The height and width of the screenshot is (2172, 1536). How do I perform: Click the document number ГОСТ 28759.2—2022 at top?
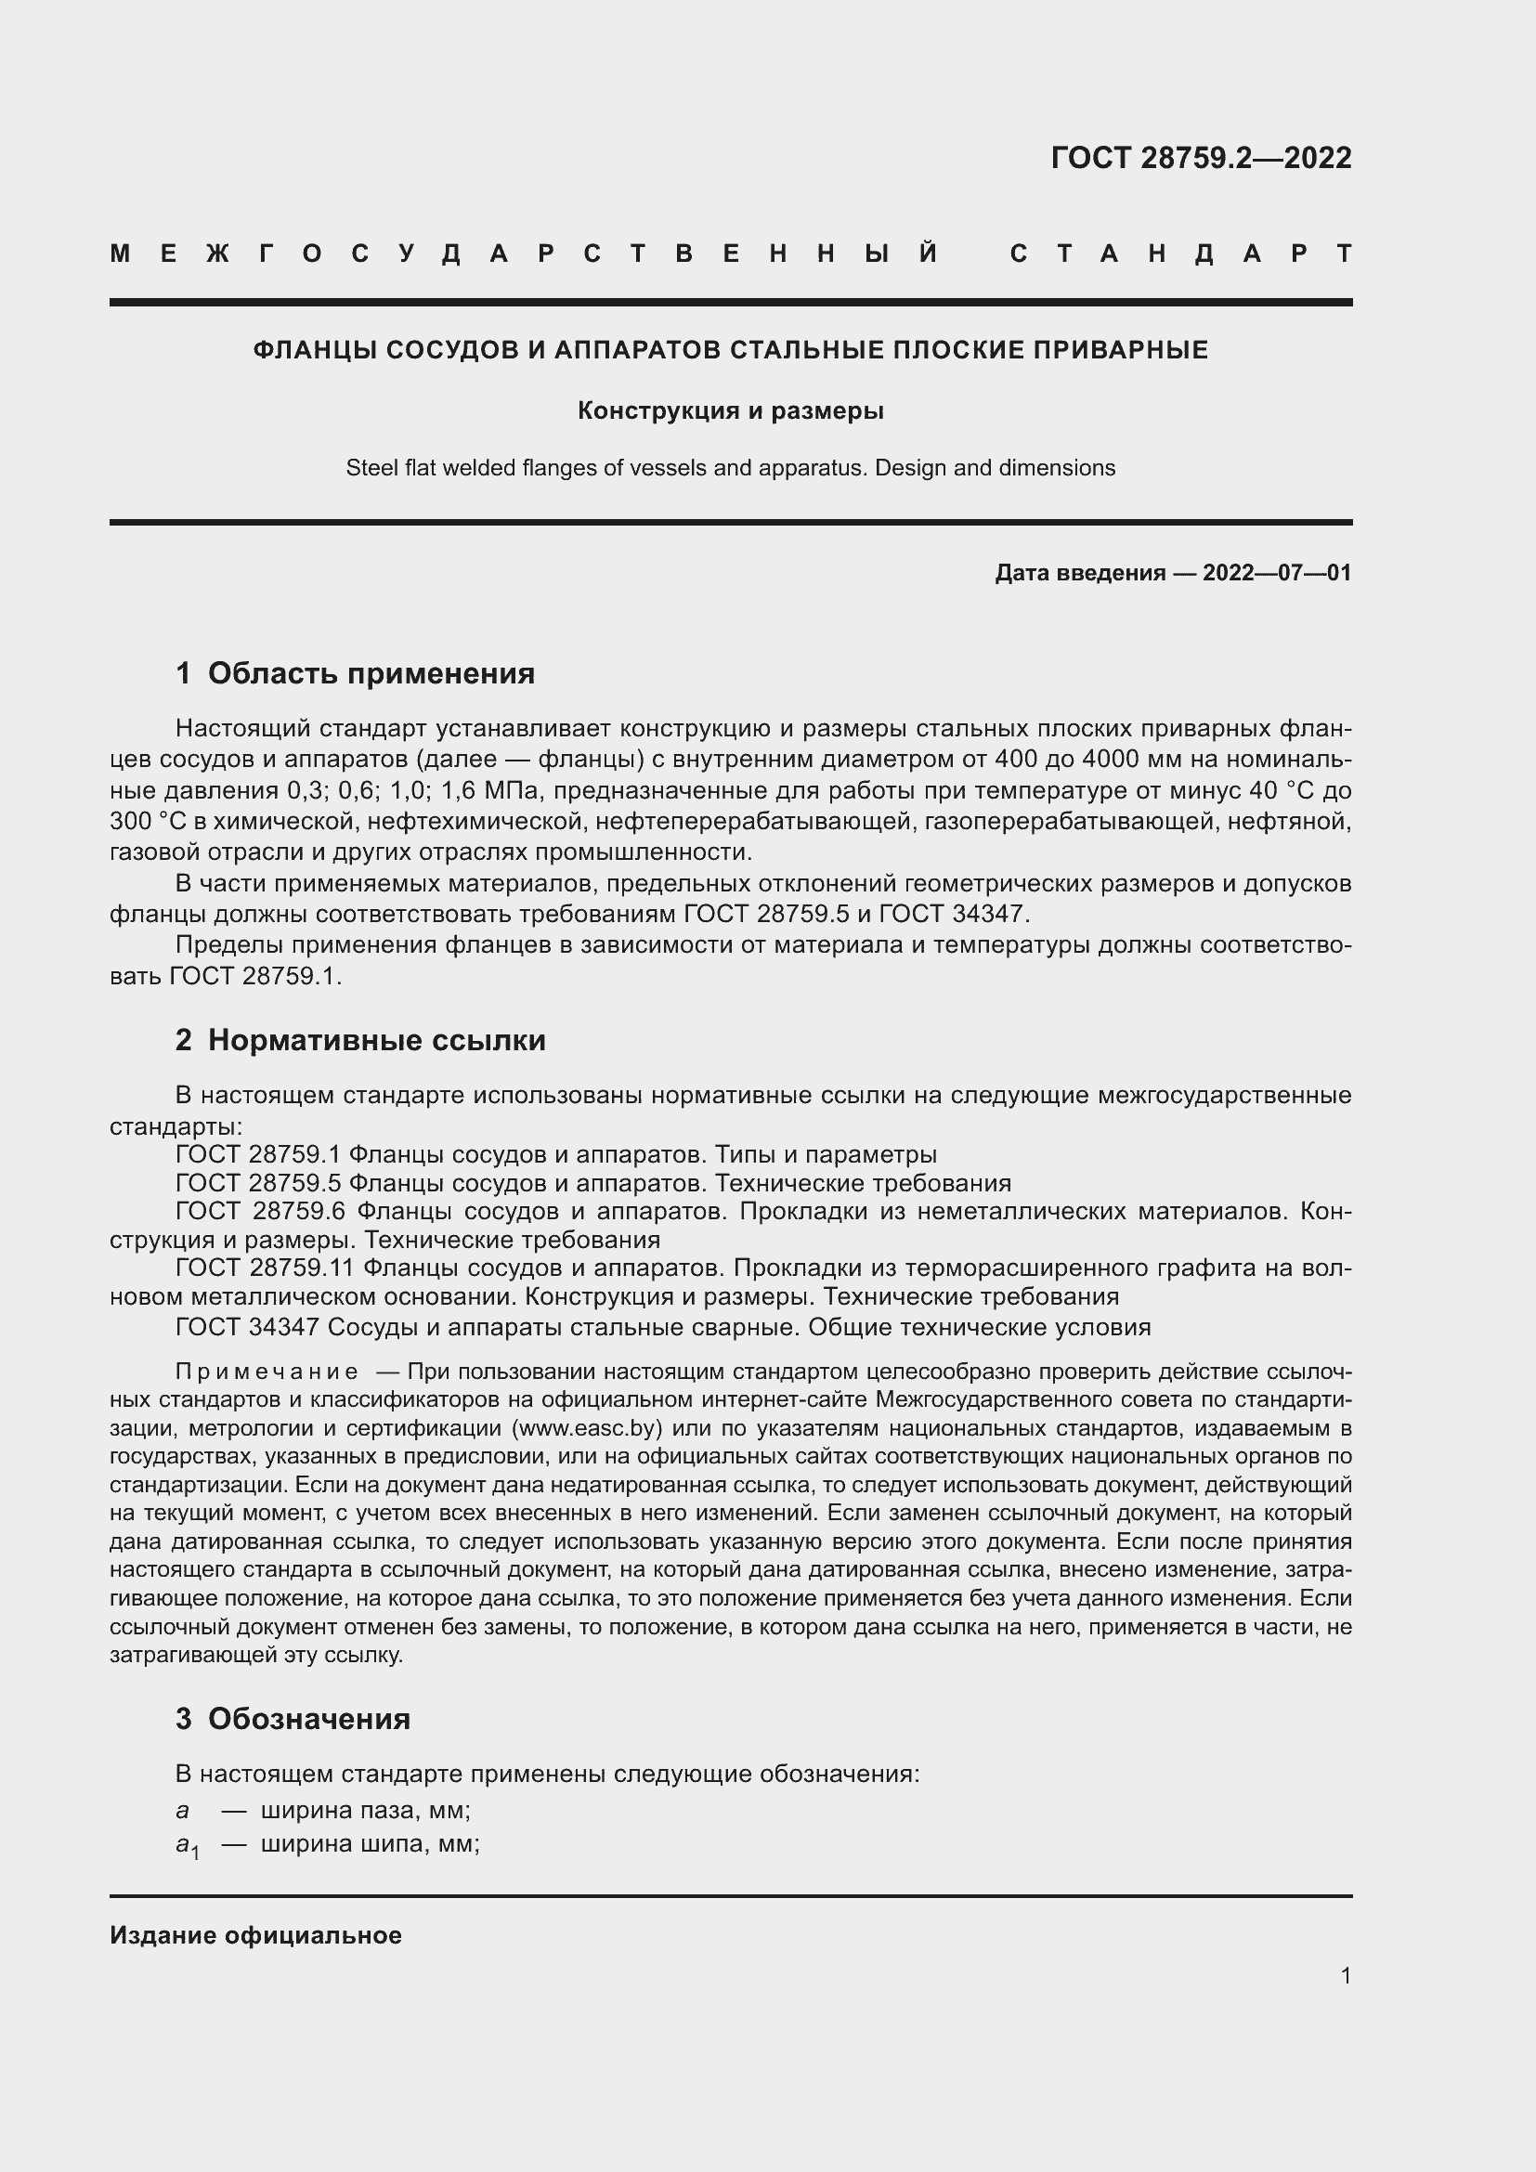[1200, 158]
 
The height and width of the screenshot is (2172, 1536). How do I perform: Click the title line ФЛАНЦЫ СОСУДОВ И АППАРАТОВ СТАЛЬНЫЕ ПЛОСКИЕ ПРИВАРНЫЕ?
[730, 350]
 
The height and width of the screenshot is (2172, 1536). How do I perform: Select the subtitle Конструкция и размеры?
[730, 410]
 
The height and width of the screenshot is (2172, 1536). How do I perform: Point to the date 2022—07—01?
[1277, 572]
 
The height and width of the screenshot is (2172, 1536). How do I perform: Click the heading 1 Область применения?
[355, 672]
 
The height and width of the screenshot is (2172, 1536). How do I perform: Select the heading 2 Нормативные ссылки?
[360, 1040]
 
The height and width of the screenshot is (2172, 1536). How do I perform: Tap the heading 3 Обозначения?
[293, 1718]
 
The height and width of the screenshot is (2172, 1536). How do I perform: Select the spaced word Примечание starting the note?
[267, 1372]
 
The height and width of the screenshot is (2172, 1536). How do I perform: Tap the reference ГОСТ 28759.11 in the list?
[265, 1268]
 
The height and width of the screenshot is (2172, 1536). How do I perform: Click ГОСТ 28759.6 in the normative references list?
[259, 1211]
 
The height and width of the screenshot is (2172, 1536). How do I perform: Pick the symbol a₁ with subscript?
[188, 1845]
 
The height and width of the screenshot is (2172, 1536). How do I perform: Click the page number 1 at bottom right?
[1346, 1975]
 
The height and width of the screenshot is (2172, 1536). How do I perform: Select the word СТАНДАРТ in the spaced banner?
[1180, 254]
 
